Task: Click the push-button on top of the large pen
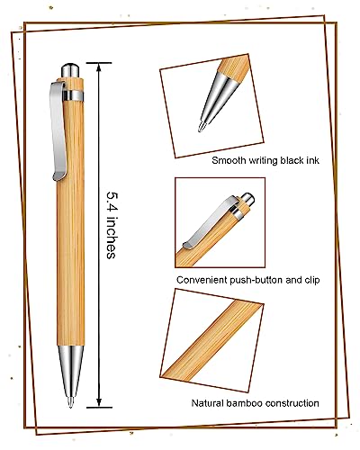(x=70, y=68)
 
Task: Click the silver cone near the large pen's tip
(x=71, y=383)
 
